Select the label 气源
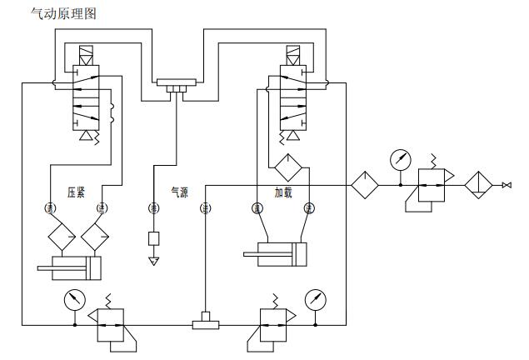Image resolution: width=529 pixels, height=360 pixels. pyautogui.click(x=179, y=192)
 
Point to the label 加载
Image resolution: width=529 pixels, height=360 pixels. pyautogui.click(x=284, y=192)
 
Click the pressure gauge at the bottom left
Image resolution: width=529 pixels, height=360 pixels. pyautogui.click(x=75, y=298)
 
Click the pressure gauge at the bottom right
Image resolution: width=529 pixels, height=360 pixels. pyautogui.click(x=315, y=298)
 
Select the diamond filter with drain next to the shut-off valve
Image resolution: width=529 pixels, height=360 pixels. pyautogui.click(x=481, y=184)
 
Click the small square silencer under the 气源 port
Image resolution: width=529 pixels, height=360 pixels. pyautogui.click(x=154, y=239)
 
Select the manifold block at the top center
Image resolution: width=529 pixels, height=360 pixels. pyautogui.click(x=175, y=85)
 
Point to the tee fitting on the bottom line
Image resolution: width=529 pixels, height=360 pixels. pyautogui.click(x=205, y=322)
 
